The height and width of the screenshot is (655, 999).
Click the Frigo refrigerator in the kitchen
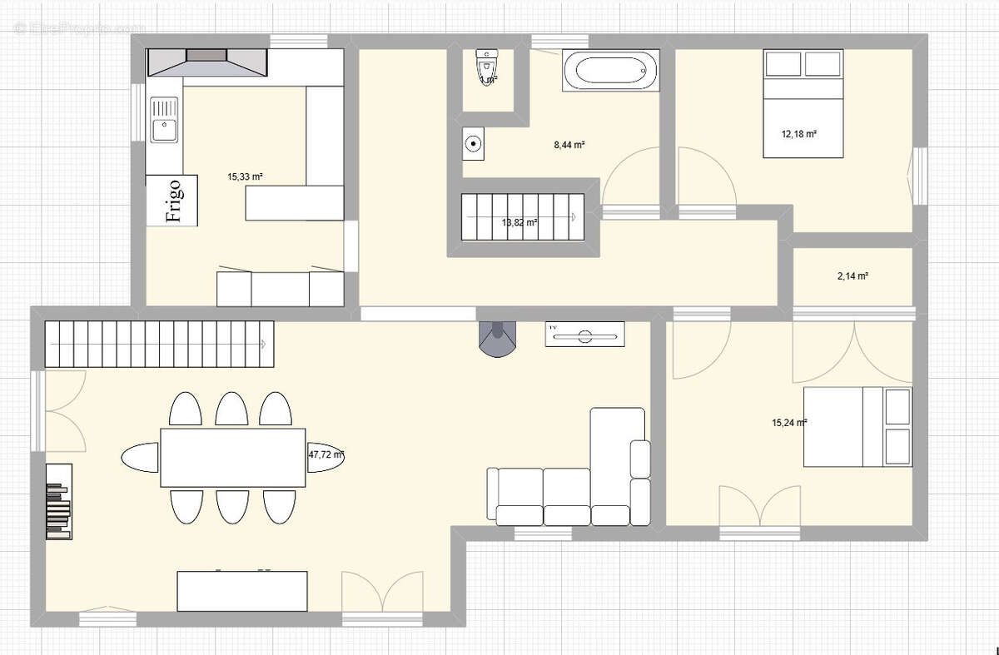point(172,201)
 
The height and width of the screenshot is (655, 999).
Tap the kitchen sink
point(164,120)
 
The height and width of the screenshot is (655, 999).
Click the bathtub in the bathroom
point(611,70)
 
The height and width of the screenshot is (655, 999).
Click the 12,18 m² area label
point(798,133)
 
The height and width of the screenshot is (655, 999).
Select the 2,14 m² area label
point(852,276)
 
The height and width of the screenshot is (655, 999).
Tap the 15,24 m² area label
point(789,423)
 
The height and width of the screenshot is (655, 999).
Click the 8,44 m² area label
point(569,145)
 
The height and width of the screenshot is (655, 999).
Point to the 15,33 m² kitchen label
point(245,176)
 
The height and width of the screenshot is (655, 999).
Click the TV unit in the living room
point(584,335)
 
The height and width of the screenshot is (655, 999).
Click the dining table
point(233,457)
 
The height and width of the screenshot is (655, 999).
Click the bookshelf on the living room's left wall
point(58,502)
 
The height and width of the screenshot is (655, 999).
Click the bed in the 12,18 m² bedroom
point(803,103)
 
